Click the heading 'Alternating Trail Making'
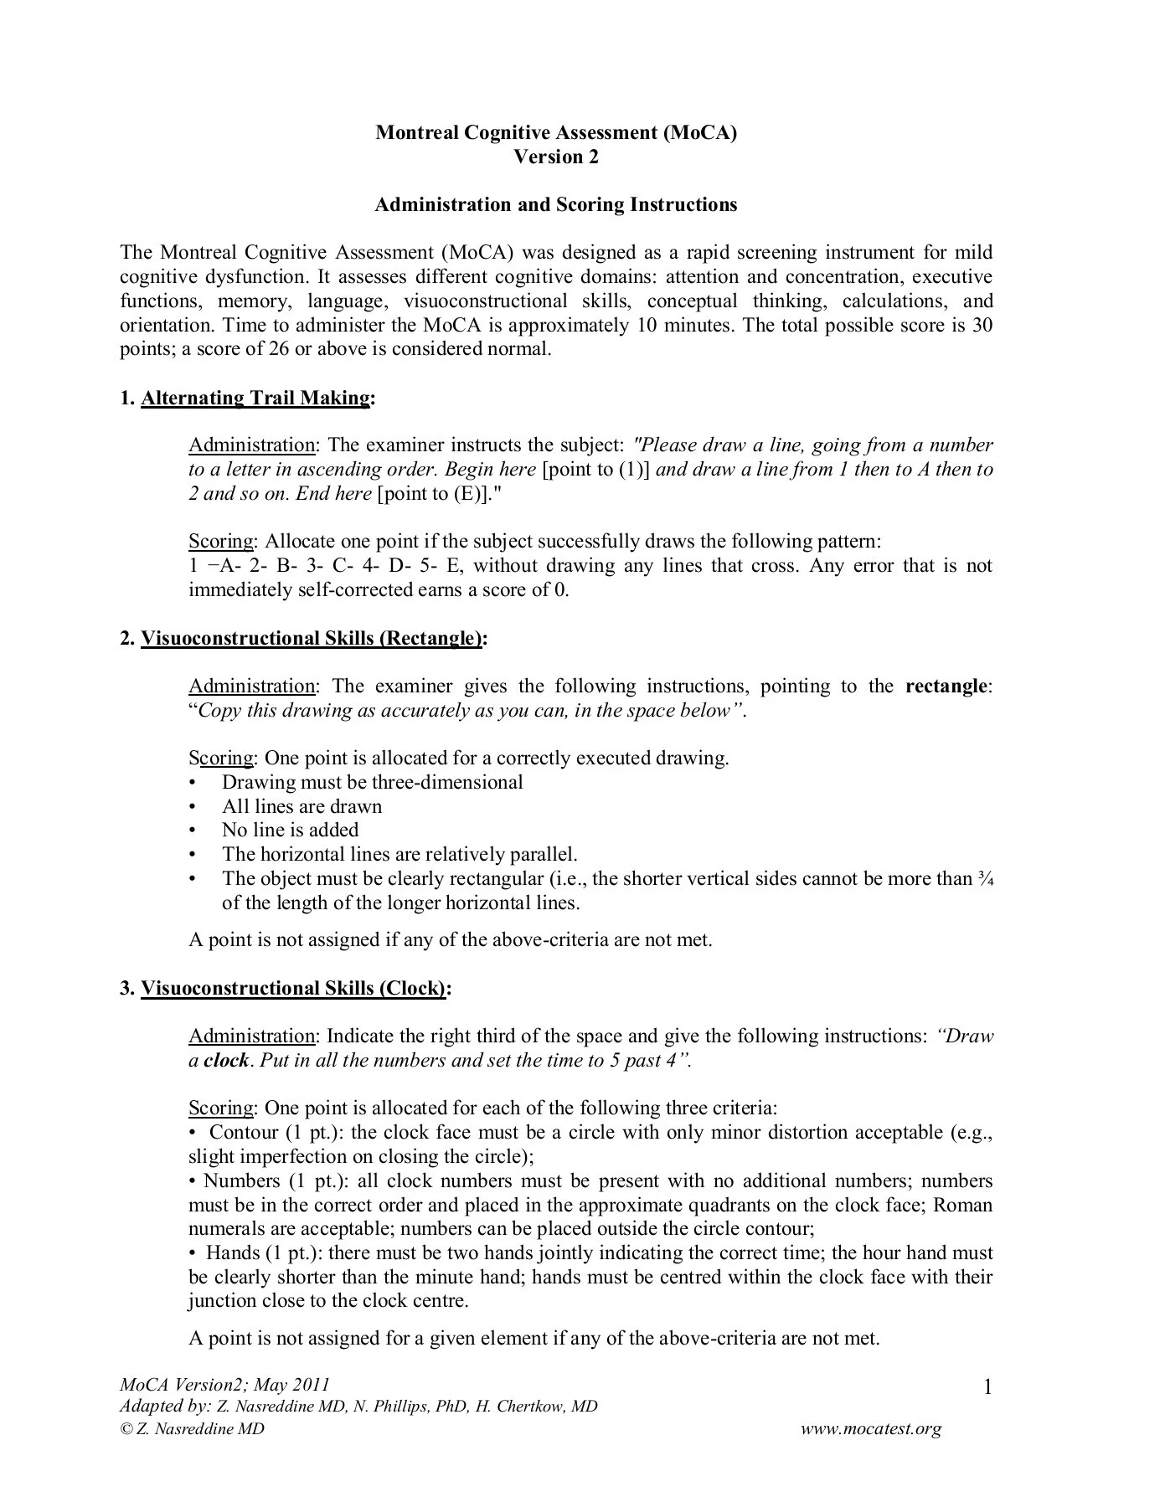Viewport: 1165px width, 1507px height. tap(255, 398)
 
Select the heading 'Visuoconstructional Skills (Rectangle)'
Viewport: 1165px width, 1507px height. tap(312, 639)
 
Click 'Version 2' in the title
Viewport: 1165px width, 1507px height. tap(556, 157)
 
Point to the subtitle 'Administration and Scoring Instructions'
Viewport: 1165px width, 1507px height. tap(556, 204)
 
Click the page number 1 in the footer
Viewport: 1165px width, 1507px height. tap(987, 1389)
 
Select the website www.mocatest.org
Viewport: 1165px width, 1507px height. tap(871, 1429)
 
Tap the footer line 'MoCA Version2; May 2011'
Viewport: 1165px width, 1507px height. tap(224, 1385)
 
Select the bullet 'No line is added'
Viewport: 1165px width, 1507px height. tap(290, 830)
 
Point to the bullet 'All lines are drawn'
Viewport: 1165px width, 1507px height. tap(302, 806)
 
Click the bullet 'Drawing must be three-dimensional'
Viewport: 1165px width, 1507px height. tap(372, 782)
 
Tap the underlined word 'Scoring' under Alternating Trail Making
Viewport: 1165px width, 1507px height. tap(220, 542)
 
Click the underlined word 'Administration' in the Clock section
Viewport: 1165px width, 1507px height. tap(251, 1036)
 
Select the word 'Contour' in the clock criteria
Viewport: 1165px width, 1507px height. tap(244, 1133)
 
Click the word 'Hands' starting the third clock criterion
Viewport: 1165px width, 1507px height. tap(232, 1253)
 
